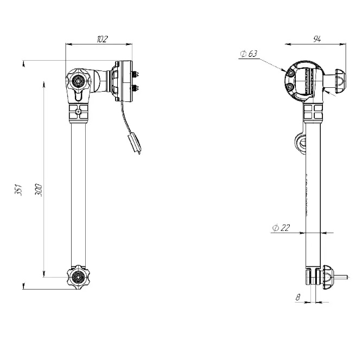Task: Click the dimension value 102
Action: point(101,38)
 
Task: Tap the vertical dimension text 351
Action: point(18,189)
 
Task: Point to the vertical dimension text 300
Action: point(37,189)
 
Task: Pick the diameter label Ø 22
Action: point(281,228)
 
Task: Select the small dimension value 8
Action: point(298,297)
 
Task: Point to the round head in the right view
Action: point(301,83)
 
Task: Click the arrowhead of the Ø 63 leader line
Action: point(285,70)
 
